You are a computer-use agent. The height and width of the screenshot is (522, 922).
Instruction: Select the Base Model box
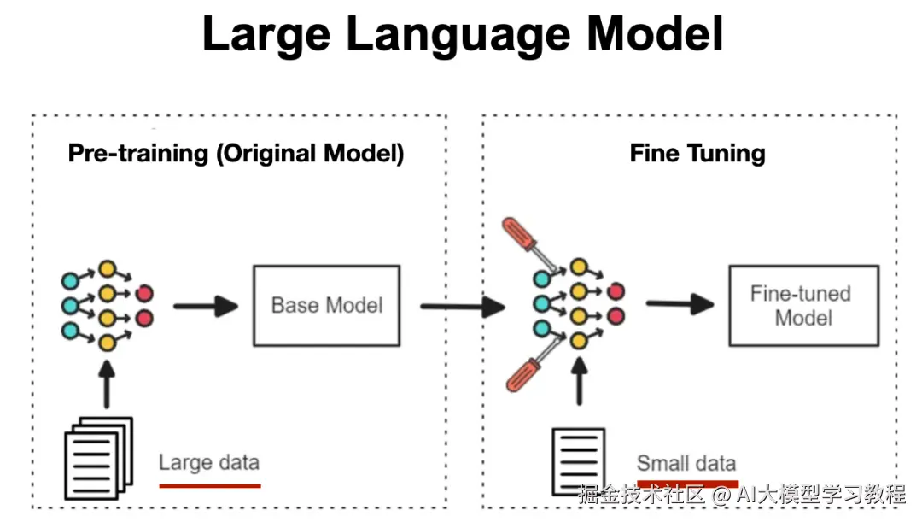(326, 305)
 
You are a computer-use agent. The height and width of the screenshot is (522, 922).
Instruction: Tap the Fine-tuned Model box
(802, 305)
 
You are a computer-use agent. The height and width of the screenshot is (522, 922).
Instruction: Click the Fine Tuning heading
(697, 154)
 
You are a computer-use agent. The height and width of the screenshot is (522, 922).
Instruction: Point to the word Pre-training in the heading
(138, 154)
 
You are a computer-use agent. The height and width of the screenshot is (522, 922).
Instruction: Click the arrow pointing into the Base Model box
(205, 306)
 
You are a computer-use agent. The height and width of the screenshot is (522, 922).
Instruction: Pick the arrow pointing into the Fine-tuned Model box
(679, 304)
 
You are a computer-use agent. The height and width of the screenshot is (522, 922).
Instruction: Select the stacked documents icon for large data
(100, 458)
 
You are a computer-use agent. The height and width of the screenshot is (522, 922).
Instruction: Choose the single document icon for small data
(579, 461)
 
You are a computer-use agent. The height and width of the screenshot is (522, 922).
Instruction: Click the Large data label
(208, 463)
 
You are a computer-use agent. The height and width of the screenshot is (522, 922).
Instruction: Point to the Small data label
(686, 463)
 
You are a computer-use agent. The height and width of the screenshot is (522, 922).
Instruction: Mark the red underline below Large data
(209, 485)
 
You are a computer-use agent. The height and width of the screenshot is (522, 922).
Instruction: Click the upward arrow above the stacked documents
(107, 384)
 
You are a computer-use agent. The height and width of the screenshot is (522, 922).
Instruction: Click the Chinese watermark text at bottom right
(741, 495)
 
